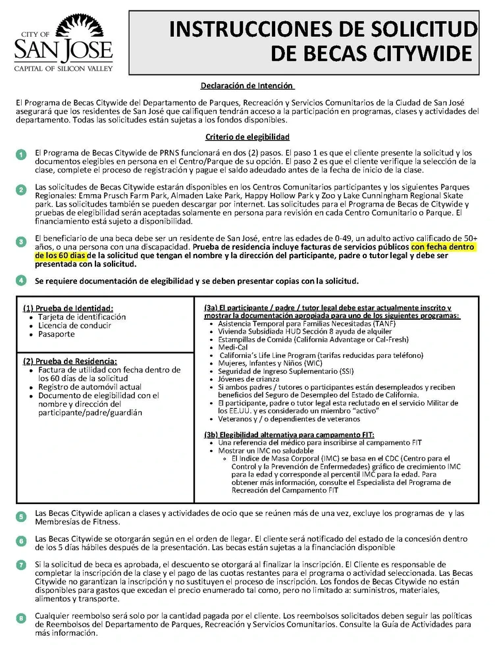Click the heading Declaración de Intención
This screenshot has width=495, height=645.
tap(247, 86)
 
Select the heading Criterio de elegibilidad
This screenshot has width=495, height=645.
tap(247, 137)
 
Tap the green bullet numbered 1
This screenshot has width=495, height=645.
tap(21, 155)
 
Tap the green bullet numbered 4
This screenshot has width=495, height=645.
tap(21, 281)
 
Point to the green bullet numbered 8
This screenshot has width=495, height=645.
tap(21, 617)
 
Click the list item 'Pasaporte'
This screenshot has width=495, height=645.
tap(56, 334)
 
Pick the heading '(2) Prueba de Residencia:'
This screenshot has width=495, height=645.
tap(70, 361)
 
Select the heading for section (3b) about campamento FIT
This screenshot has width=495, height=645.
tap(289, 435)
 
